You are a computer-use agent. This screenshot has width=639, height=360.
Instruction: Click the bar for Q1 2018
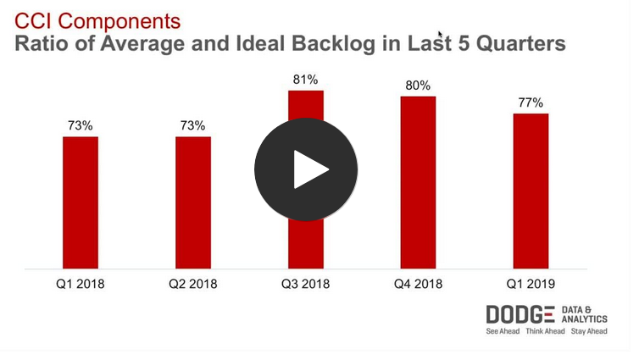(x=81, y=202)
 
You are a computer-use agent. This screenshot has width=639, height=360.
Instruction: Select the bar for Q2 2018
(x=193, y=202)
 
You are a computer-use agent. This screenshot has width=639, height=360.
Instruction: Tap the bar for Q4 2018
(x=418, y=182)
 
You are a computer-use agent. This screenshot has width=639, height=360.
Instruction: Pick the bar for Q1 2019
(x=531, y=191)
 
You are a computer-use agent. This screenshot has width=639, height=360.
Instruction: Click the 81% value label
(x=306, y=80)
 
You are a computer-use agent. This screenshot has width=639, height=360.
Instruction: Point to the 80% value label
(x=418, y=86)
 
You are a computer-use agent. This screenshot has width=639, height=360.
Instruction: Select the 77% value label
(x=531, y=102)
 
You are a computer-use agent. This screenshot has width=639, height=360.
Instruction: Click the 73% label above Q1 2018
(x=81, y=125)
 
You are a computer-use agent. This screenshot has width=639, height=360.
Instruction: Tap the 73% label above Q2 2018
(x=193, y=125)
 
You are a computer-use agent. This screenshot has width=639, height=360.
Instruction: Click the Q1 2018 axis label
(x=81, y=284)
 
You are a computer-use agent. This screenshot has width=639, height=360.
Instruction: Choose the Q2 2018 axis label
(x=193, y=284)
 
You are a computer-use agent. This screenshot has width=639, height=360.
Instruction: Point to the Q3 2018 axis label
(x=305, y=284)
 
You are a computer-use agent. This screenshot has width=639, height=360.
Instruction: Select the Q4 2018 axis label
(x=418, y=284)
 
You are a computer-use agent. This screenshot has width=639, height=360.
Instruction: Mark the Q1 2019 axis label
(x=531, y=284)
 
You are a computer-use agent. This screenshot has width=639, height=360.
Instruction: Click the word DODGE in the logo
(x=520, y=314)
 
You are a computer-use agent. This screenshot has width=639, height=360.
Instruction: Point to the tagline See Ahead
(x=504, y=331)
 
